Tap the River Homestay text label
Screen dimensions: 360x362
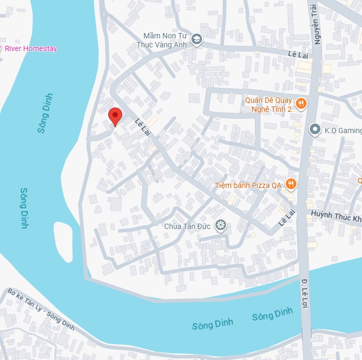(31, 48)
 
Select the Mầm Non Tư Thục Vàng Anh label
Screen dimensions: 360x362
(163, 40)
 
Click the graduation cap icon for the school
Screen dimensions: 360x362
(197, 40)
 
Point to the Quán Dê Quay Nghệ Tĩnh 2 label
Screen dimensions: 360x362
(269, 104)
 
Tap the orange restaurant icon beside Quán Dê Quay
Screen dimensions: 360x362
(301, 104)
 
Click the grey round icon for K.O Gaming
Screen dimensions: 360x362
(315, 129)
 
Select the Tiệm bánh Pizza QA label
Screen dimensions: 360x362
(248, 185)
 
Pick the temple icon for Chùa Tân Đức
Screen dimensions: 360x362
(220, 226)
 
